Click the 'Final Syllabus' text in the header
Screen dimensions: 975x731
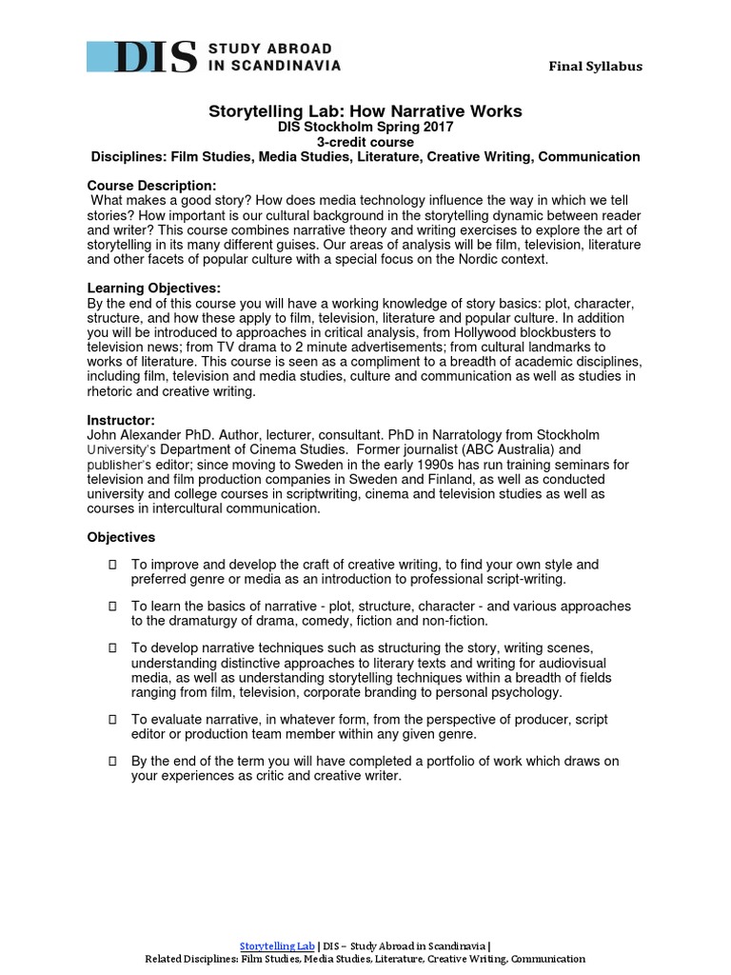(x=594, y=66)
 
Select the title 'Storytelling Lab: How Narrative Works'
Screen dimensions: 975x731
(x=365, y=111)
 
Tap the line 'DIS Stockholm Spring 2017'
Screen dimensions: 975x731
(x=365, y=127)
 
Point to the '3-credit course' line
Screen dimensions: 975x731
(x=365, y=142)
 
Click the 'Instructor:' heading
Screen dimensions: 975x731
(x=121, y=419)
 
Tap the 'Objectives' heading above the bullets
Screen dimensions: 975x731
(x=121, y=537)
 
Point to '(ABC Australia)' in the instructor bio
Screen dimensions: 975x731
(x=508, y=448)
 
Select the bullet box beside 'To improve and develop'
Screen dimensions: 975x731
(x=113, y=565)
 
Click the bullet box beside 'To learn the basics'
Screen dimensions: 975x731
(x=113, y=607)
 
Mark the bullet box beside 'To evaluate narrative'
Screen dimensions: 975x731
(x=113, y=719)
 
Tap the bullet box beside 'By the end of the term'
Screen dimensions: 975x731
(x=113, y=761)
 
